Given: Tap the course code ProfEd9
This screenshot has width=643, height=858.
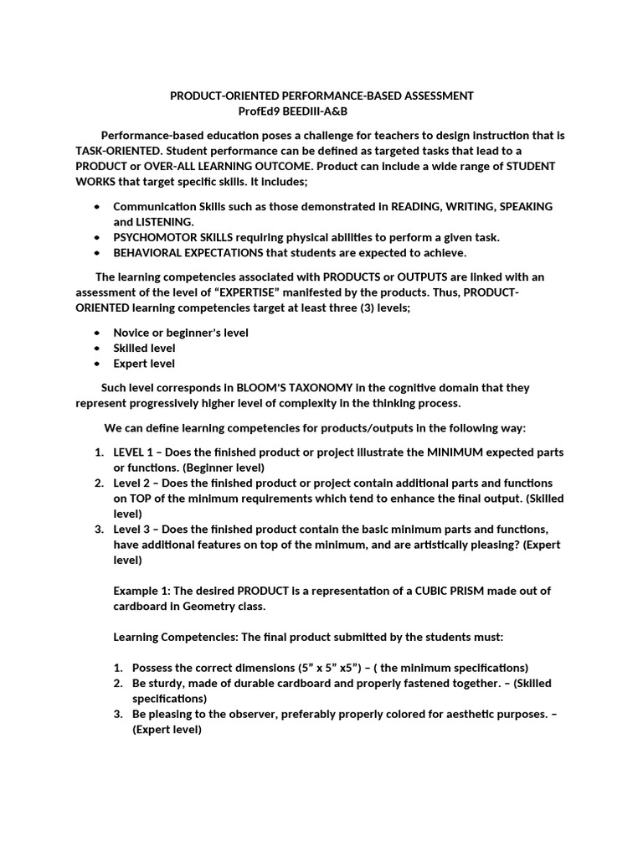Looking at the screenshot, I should tap(260, 111).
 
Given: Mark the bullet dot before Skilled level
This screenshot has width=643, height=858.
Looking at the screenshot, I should tap(97, 348).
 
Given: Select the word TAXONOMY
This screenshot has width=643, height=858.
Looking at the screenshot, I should tap(310, 388).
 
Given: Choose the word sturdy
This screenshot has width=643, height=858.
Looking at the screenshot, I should tap(166, 683).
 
